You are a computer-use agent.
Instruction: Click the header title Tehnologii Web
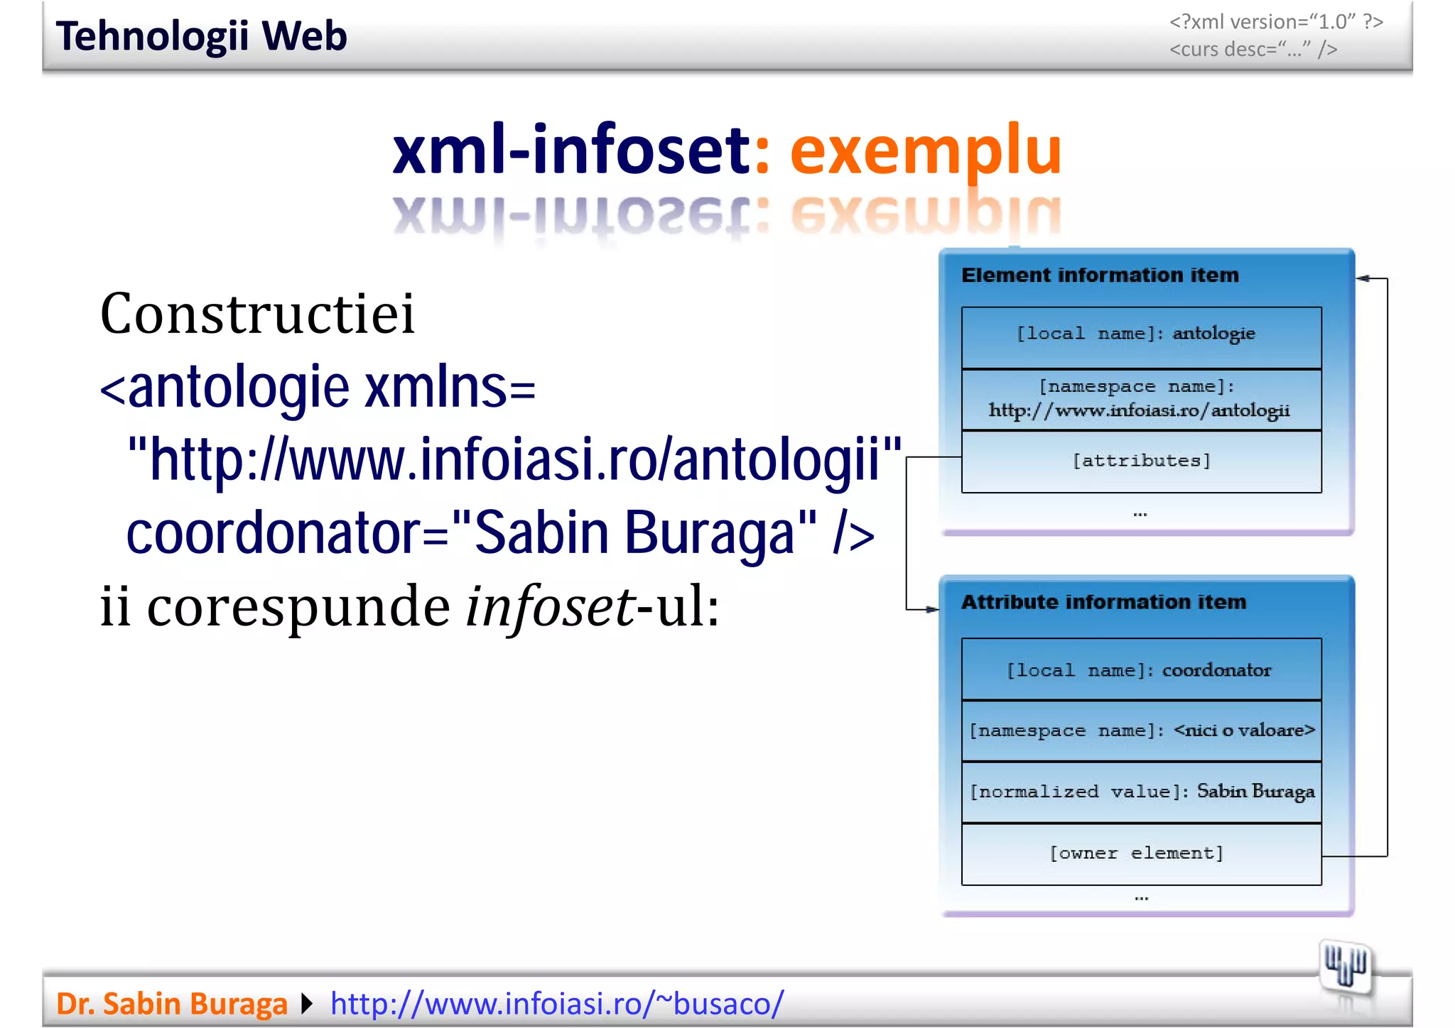[201, 36]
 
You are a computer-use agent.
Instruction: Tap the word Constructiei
[257, 314]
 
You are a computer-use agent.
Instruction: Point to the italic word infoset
[550, 608]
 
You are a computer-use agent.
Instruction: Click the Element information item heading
[1099, 275]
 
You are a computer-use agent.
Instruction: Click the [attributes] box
[1140, 461]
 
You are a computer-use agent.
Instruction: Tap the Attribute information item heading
[1103, 602]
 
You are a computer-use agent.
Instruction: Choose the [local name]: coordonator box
[1140, 669]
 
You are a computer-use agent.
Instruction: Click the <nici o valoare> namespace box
[1140, 731]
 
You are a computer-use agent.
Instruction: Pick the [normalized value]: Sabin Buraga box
[1140, 792]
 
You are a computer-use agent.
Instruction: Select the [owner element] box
[1140, 853]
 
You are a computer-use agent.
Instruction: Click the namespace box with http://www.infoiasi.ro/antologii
[1140, 399]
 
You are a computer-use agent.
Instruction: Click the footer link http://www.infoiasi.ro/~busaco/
[556, 1003]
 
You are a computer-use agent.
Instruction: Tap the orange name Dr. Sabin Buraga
[171, 1003]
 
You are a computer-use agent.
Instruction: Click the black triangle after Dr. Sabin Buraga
[307, 1003]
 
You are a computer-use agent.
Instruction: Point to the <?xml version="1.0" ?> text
[1275, 22]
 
